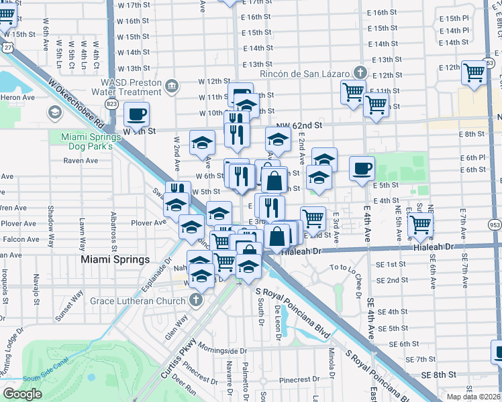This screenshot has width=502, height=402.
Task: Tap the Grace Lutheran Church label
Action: pyautogui.click(x=139, y=301)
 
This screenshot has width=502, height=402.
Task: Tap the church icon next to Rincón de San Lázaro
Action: pyautogui.click(x=360, y=72)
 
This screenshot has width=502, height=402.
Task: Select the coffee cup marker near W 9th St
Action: pyautogui.click(x=137, y=114)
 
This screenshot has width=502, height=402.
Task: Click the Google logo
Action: pyautogui.click(x=23, y=393)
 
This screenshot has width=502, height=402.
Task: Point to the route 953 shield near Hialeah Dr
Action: pyautogui.click(x=495, y=225)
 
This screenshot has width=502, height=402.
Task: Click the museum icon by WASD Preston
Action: pyautogui.click(x=172, y=85)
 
